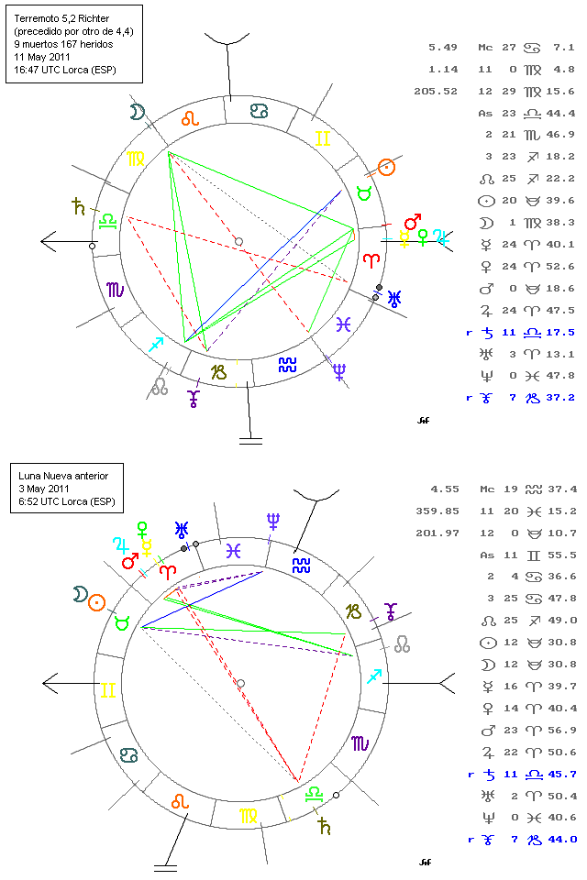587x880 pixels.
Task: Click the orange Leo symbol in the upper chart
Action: click(190, 117)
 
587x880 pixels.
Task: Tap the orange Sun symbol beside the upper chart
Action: click(387, 167)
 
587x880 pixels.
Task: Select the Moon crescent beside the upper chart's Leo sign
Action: click(137, 112)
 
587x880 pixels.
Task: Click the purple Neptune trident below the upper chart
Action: click(340, 371)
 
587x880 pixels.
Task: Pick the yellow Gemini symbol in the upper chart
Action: click(322, 139)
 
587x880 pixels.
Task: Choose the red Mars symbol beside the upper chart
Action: click(413, 223)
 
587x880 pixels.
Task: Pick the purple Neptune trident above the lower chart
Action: click(272, 522)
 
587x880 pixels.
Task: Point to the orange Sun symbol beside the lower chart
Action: click(96, 600)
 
